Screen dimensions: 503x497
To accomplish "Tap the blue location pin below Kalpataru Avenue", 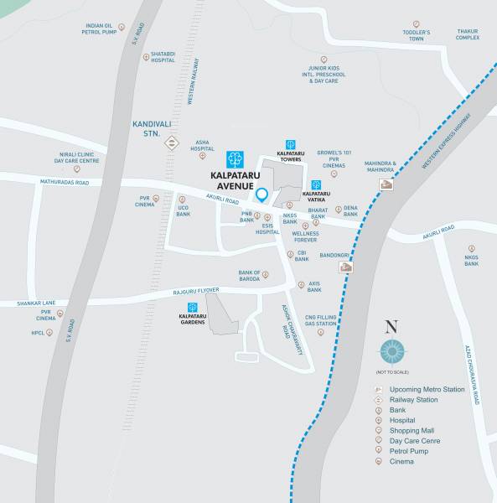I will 261,196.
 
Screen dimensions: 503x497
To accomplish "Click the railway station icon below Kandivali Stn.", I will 171,143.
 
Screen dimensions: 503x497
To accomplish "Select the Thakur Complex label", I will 467,34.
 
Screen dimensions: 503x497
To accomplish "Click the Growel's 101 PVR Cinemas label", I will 333,159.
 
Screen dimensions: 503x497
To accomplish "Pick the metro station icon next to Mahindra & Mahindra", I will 386,185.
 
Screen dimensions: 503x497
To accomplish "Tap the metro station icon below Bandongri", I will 345,267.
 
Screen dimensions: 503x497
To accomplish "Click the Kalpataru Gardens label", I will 193,319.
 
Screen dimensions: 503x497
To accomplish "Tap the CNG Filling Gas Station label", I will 320,319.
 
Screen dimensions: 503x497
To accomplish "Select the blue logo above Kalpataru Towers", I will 290,144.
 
